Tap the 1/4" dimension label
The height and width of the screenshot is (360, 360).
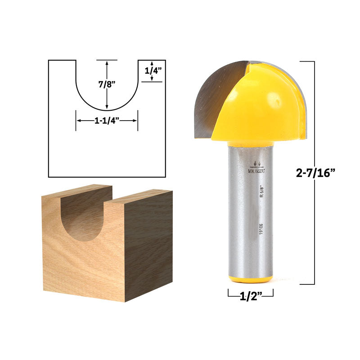(153, 71)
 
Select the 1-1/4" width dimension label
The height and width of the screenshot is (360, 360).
(107, 121)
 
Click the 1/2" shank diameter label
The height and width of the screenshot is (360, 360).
(250, 294)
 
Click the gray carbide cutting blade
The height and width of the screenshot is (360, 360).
(214, 97)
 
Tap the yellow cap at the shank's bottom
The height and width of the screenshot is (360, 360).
(250, 279)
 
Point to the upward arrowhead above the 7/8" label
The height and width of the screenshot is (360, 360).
(107, 63)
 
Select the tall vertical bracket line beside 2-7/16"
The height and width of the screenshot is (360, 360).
(314, 173)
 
